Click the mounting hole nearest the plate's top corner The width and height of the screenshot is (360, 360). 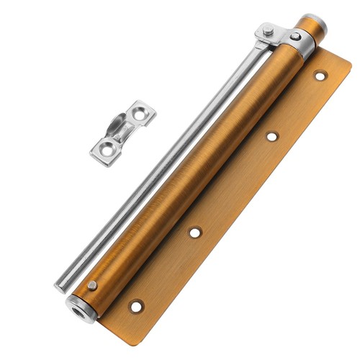[x=319, y=75]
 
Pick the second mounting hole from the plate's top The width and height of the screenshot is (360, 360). [x=271, y=135]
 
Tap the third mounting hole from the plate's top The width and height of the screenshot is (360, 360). [x=195, y=232]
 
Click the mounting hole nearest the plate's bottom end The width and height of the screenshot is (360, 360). [x=135, y=306]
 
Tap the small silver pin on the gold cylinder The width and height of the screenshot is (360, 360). [x=92, y=286]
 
